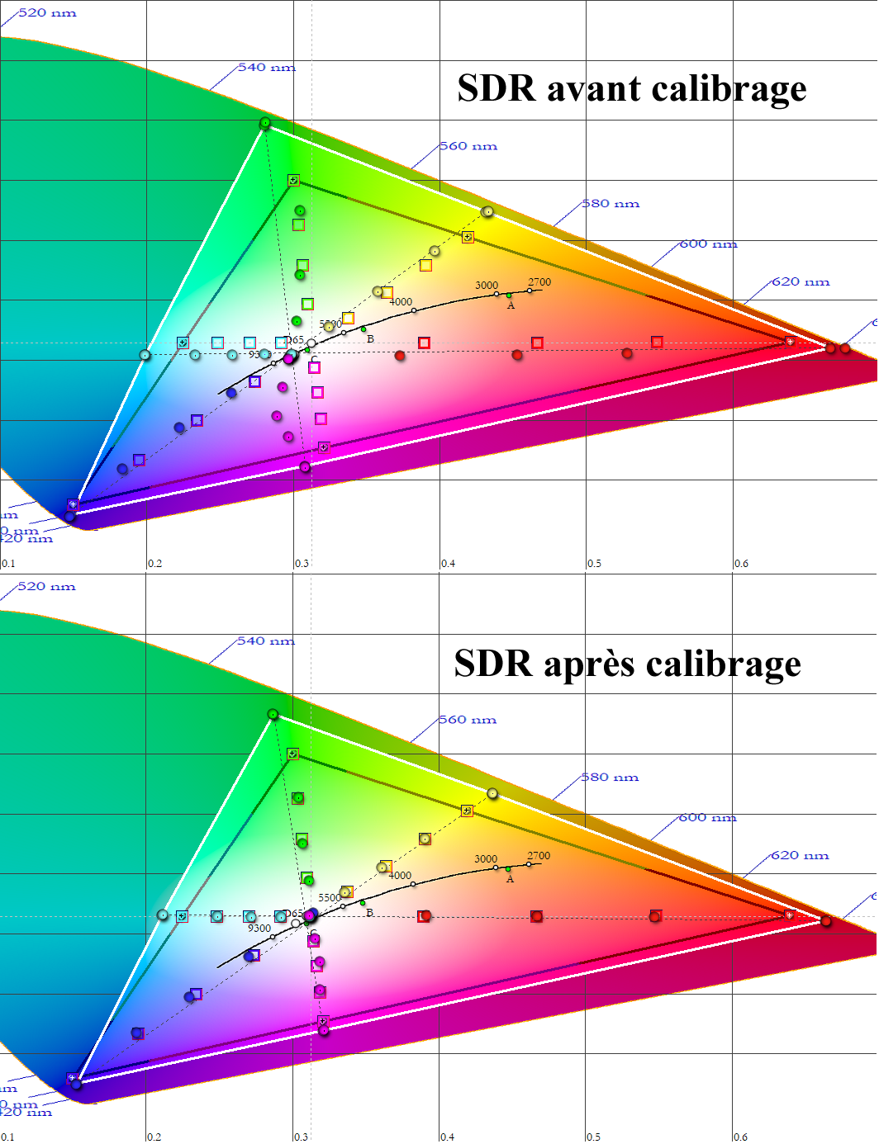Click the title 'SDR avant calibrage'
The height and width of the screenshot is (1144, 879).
pos(631,88)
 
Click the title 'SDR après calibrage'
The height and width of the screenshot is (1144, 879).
pos(627,663)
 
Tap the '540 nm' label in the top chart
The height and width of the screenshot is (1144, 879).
pos(266,68)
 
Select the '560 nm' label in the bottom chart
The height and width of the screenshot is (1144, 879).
pos(468,720)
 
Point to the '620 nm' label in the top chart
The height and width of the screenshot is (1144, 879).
pos(801,281)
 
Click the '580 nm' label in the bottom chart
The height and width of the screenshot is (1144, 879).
pos(610,778)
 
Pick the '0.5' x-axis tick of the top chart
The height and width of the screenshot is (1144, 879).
pos(594,564)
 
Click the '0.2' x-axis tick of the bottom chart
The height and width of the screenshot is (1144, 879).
pos(154,1137)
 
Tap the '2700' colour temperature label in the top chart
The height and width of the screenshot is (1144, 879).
pos(539,282)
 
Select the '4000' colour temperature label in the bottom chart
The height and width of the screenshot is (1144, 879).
pos(400,876)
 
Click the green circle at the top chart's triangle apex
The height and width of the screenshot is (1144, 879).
pos(265,123)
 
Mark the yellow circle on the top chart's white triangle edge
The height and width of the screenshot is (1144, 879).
pos(488,212)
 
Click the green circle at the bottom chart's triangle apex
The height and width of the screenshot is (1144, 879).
pos(273,714)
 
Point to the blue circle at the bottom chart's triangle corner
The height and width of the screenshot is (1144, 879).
pos(76,1084)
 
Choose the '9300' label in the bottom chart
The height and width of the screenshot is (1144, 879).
pos(259,929)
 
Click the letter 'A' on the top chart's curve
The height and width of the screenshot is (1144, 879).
pos(511,306)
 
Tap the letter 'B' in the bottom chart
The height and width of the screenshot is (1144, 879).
pos(369,913)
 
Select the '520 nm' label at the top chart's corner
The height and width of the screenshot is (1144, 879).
pos(46,13)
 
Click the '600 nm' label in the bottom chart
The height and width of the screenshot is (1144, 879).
pos(707,818)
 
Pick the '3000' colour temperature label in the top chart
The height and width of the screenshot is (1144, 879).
pos(487,286)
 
